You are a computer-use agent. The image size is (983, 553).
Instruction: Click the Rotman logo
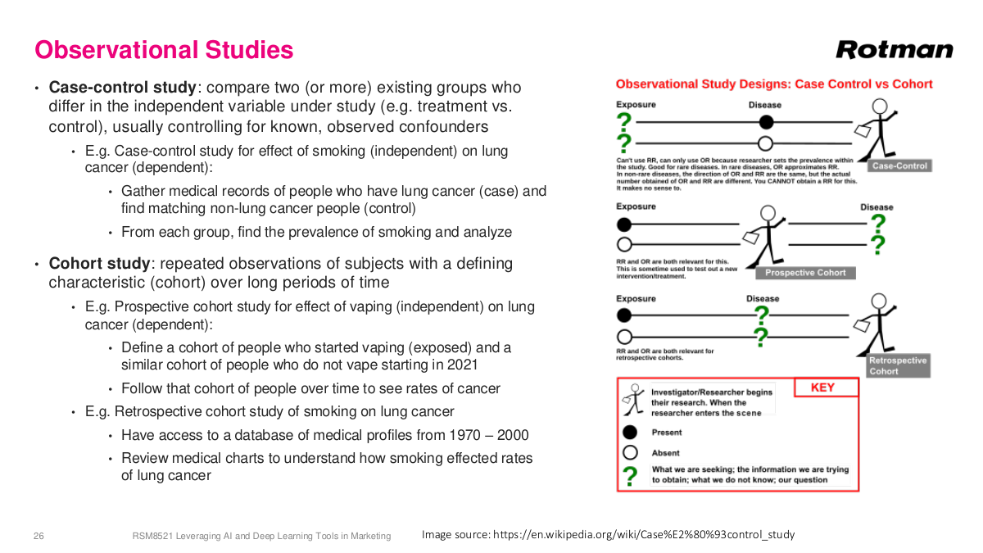click(895, 50)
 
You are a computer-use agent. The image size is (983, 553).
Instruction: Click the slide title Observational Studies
click(164, 51)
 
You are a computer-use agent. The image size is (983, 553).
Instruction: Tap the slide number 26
click(39, 536)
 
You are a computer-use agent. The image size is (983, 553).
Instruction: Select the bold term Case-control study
click(123, 88)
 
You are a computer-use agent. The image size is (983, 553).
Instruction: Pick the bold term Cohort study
click(100, 264)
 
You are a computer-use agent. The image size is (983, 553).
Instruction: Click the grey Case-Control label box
click(899, 166)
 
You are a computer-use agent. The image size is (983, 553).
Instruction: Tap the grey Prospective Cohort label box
click(805, 273)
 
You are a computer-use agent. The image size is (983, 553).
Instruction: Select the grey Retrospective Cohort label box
click(899, 365)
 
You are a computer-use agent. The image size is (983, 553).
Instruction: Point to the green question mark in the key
click(631, 475)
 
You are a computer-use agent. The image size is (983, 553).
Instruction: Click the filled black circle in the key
click(631, 433)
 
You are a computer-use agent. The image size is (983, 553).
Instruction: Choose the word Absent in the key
click(666, 453)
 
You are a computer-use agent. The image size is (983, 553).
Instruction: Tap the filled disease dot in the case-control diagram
click(765, 122)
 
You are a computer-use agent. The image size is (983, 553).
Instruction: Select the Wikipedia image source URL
click(643, 535)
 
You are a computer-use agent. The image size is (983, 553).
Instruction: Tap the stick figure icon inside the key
click(631, 399)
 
